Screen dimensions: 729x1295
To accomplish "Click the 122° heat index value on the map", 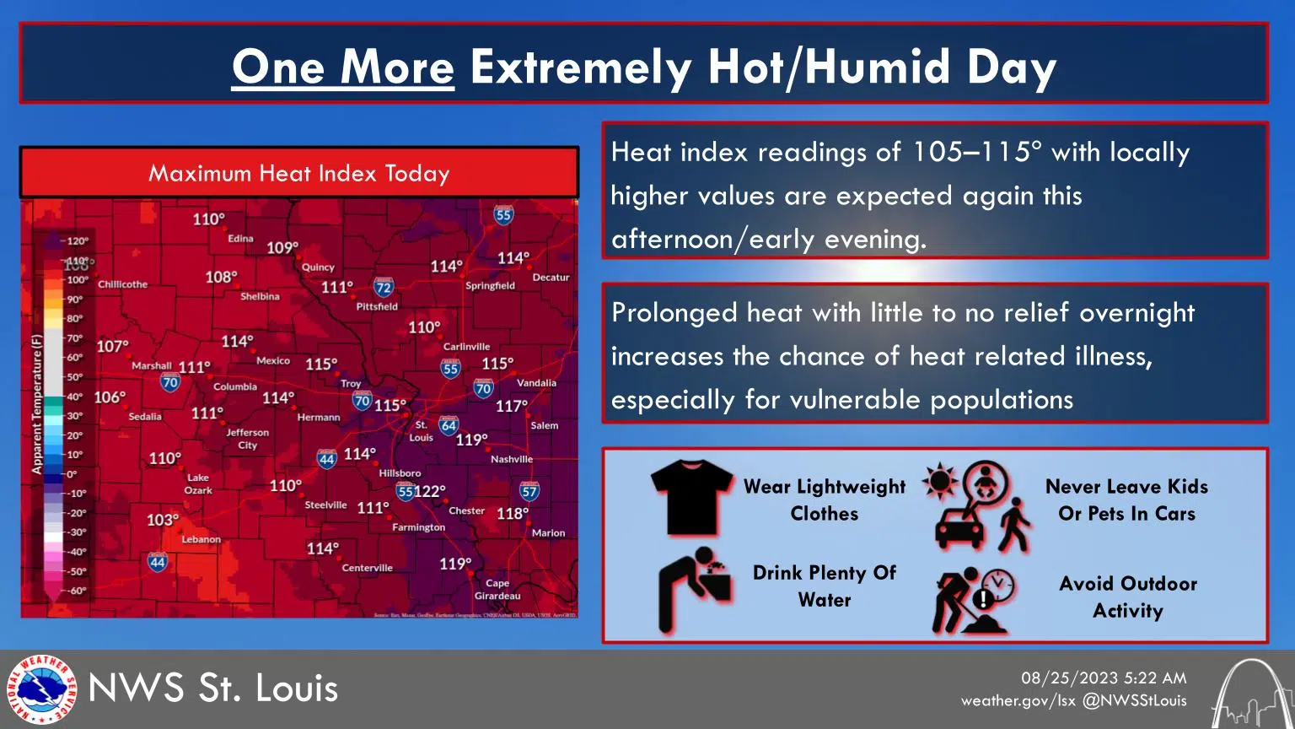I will point(430,491).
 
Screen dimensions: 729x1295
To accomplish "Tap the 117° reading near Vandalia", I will point(511,406).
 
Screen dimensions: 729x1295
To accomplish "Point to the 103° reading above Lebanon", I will point(163,520).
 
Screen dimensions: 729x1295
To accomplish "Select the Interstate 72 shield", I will point(384,288).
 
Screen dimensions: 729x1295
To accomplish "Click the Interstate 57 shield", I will point(529,491).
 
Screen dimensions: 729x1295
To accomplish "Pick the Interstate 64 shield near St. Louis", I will point(449,425).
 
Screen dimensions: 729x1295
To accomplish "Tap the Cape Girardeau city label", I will point(497,589).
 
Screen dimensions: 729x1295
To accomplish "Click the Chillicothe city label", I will point(122,284).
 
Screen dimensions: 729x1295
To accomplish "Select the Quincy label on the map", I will point(318,267).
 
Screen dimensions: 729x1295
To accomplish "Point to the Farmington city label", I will point(418,527).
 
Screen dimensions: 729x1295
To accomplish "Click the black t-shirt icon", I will point(691,498).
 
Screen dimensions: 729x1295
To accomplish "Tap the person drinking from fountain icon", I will point(694,588).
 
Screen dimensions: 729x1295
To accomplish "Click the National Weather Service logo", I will point(41,689).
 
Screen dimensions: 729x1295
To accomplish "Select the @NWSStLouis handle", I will point(1134,700).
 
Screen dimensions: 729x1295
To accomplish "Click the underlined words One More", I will point(342,67).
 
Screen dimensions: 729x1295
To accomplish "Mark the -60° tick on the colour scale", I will point(77,591).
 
